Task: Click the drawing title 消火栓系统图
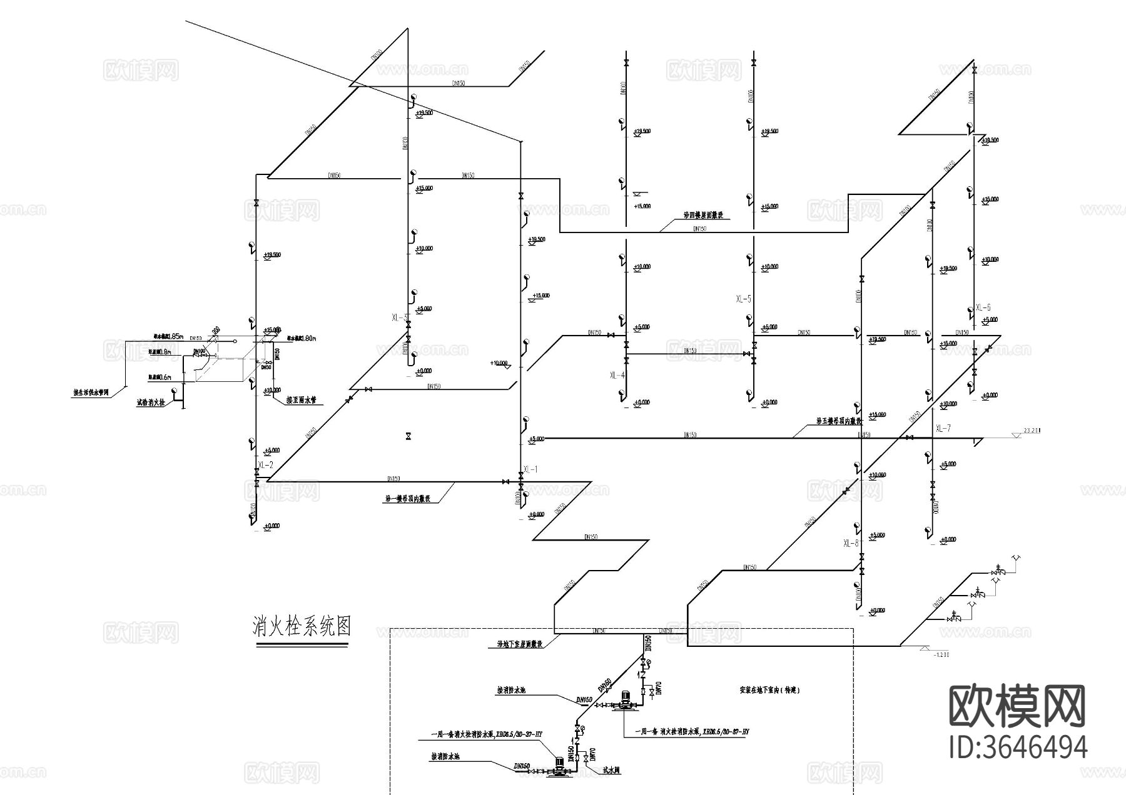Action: click(x=302, y=626)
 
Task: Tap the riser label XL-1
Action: click(x=530, y=469)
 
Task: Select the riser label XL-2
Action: click(x=265, y=465)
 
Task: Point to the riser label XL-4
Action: click(x=617, y=375)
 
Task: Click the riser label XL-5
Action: click(x=744, y=299)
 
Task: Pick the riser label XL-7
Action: click(x=943, y=428)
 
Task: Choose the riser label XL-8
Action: click(x=851, y=543)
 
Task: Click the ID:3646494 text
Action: click(x=1018, y=747)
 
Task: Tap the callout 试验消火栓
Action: click(x=150, y=403)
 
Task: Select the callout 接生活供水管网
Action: click(x=91, y=394)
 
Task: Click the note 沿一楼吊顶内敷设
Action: click(x=407, y=499)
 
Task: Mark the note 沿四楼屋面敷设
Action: click(x=702, y=215)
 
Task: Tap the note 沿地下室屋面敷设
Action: click(x=519, y=643)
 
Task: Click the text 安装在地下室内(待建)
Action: click(x=769, y=691)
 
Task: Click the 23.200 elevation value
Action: click(x=1032, y=431)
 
